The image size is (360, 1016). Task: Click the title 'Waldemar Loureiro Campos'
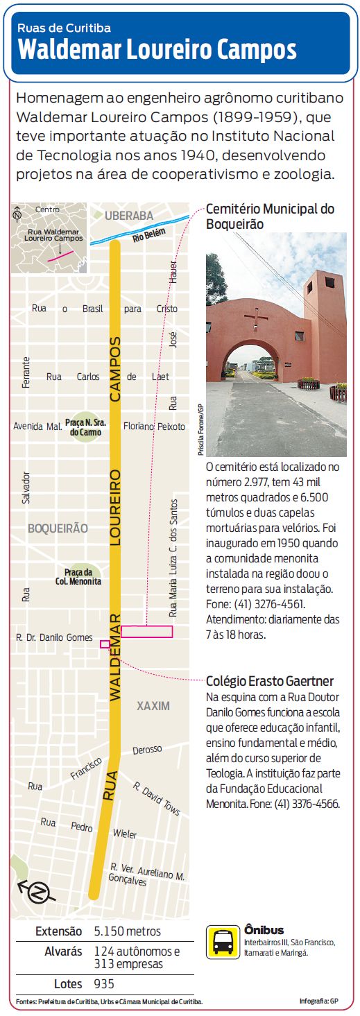tap(157, 50)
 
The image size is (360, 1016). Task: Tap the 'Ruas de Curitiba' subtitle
tap(64, 28)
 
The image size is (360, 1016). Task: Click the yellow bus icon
tap(223, 941)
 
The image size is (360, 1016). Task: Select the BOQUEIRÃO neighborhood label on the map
tap(58, 528)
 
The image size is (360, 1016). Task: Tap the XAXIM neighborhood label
tap(153, 706)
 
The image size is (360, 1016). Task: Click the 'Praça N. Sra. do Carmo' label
tap(83, 427)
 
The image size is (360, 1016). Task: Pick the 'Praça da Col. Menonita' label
tap(83, 576)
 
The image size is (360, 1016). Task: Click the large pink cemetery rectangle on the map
tap(146, 631)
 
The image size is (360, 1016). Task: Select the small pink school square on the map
tap(105, 644)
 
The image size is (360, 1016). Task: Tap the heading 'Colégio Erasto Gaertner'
tap(270, 680)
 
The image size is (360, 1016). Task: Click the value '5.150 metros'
tap(127, 931)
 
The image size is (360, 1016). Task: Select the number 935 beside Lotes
tap(104, 983)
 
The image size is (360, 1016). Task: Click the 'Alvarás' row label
tap(63, 952)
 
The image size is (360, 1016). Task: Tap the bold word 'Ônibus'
tap(264, 930)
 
